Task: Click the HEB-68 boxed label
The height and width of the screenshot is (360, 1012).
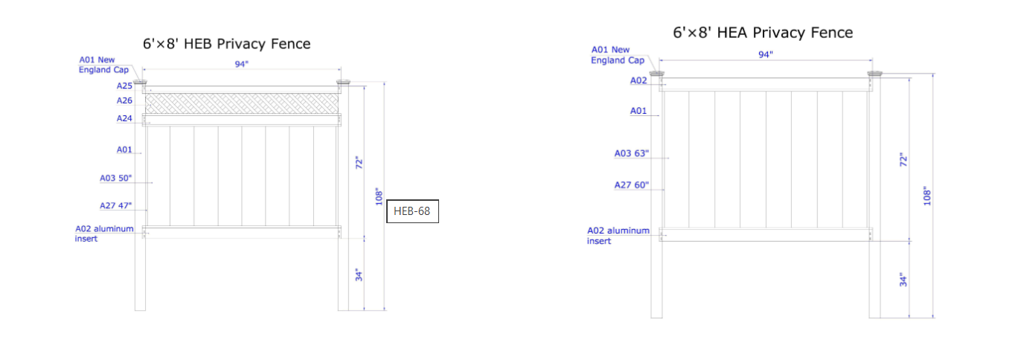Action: coord(412,211)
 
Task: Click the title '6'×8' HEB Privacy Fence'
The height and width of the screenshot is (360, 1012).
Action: coord(227,44)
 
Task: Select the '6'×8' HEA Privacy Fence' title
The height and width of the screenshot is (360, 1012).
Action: coord(763,33)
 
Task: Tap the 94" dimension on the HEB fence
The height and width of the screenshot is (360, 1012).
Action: coord(241,64)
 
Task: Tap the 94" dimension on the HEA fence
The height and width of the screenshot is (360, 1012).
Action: coord(765,54)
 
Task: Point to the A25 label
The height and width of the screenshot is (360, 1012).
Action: coord(124,86)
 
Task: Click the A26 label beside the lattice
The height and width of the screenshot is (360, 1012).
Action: coord(124,100)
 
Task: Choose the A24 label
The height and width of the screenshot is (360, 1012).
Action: coord(124,118)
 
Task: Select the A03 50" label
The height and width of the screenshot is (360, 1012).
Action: coord(115,178)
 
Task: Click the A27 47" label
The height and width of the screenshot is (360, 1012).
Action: coord(115,205)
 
